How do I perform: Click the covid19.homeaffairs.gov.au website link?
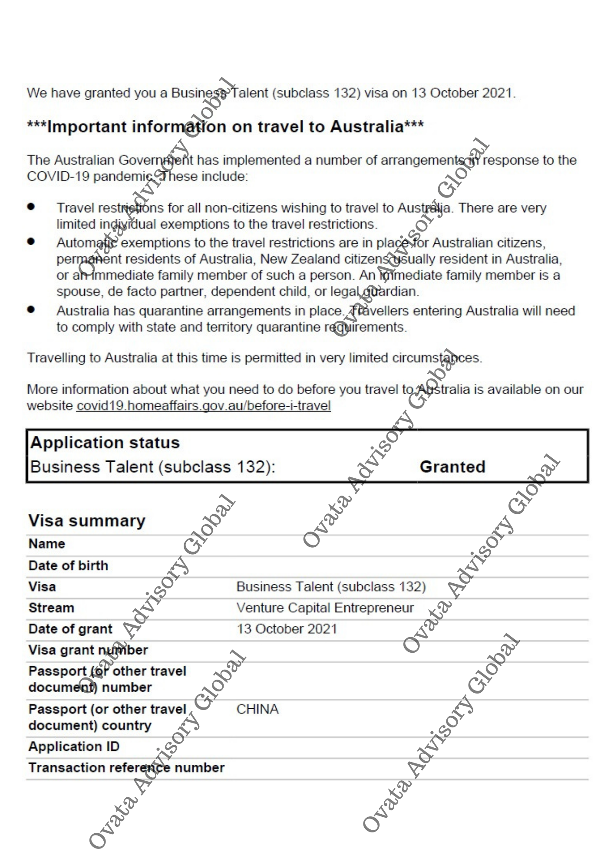pos(204,406)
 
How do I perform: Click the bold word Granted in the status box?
pos(452,467)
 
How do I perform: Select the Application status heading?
pos(105,443)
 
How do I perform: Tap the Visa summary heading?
pos(87,520)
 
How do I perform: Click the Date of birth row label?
pos(68,566)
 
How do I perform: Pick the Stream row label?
pos(51,608)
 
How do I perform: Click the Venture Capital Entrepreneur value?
pos(325,608)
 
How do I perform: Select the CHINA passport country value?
pos(257,709)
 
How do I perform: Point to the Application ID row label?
pos(74,746)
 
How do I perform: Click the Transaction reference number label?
pos(126,768)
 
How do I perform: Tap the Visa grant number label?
pos(88,650)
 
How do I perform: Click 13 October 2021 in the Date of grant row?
pos(287,629)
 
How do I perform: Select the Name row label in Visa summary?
pos(47,543)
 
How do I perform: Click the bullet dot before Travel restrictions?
pos(31,207)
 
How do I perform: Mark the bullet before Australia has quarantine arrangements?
pos(31,309)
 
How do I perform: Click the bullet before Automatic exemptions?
pos(31,241)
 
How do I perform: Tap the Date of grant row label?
pos(70,629)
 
